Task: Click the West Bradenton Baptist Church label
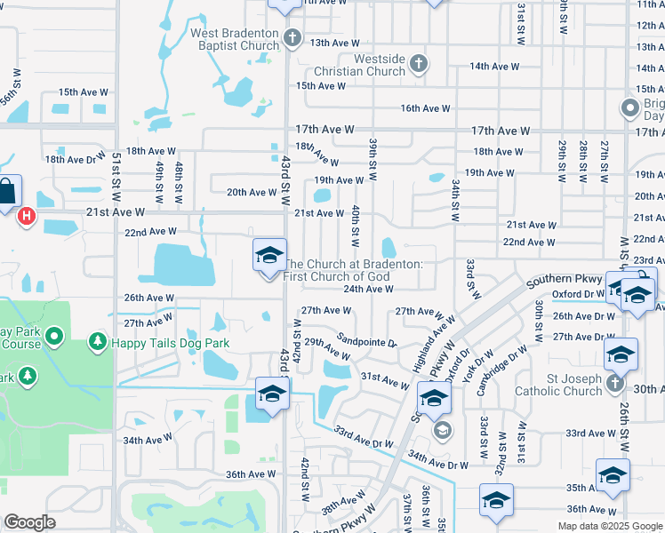coord(235,40)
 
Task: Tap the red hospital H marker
coord(27,215)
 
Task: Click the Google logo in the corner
coord(29,522)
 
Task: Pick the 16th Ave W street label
coord(425,108)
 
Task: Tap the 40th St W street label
coord(355,226)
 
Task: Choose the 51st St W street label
coord(117,177)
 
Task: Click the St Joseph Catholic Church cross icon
coord(615,383)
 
